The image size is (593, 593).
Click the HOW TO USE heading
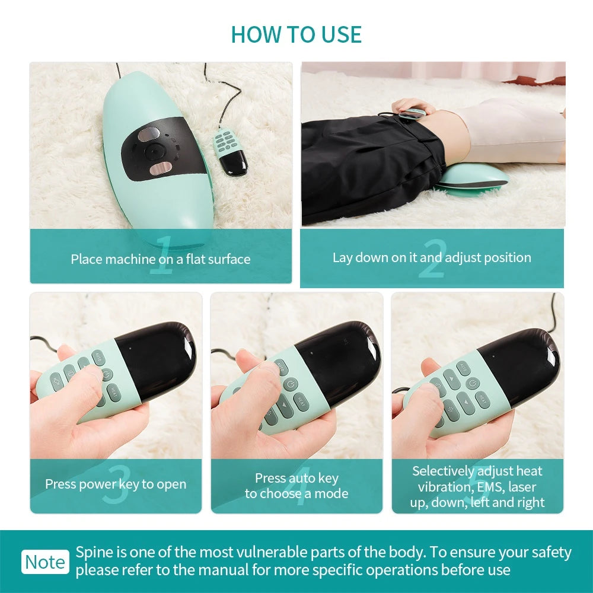point(296,34)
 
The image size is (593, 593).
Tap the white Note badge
point(45,562)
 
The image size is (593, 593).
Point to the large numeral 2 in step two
point(431,259)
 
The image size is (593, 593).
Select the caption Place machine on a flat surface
point(161,259)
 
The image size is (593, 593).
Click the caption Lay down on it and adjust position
point(432,257)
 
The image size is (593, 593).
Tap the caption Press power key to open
point(116,484)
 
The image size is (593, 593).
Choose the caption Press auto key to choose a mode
point(296,486)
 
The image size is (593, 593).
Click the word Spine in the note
point(92,553)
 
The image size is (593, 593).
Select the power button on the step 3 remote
point(107,374)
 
